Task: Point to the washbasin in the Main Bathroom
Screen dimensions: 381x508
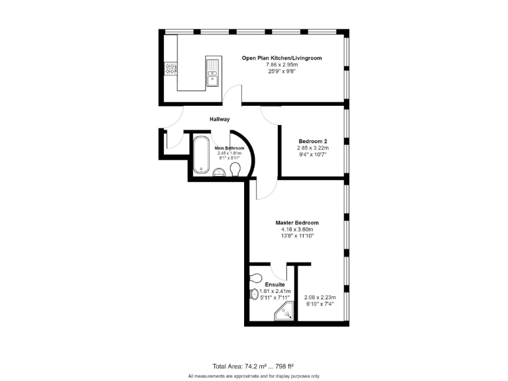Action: [x=220, y=173]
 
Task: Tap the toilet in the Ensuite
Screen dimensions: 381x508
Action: [x=257, y=278]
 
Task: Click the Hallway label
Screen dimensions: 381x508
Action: [x=220, y=119]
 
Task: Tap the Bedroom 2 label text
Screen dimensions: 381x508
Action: [x=313, y=142]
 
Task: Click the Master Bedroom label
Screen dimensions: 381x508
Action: [x=297, y=223]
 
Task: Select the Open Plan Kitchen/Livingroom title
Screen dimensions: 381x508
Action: [x=282, y=58]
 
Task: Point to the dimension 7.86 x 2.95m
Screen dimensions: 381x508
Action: [x=282, y=65]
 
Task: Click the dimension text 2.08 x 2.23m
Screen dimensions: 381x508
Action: [x=318, y=298]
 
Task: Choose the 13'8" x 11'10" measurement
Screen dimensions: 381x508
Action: [x=297, y=235]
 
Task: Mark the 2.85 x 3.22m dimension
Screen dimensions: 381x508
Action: [x=313, y=148]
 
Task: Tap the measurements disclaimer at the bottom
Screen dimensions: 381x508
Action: [x=254, y=375]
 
